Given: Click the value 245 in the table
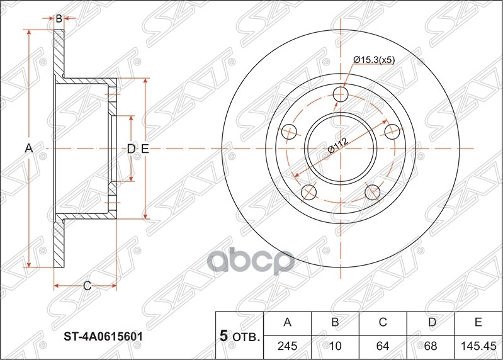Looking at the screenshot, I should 287,346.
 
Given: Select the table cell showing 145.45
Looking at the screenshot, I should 478,346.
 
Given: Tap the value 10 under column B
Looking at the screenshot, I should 335,346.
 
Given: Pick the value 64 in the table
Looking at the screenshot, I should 382,346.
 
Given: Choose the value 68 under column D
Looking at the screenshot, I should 430,346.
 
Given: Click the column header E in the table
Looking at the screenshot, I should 478,323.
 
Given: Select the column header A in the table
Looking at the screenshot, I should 287,323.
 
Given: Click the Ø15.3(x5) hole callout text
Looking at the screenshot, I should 375,60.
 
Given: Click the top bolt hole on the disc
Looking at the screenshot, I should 341,94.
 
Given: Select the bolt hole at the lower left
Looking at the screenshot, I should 308,193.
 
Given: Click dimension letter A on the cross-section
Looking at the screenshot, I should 28,149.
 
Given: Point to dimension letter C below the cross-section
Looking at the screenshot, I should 87,286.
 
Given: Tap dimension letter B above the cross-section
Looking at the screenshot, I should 59,19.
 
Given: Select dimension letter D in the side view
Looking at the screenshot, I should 130,149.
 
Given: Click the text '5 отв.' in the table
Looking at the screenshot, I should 239,336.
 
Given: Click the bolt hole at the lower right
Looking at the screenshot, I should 372,193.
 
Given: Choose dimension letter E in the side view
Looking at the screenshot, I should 144,149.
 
